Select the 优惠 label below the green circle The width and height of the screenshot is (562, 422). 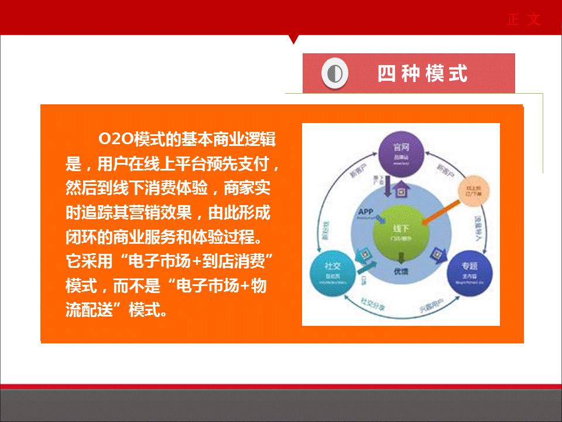pos(400,271)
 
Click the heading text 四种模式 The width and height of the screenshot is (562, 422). pos(422,74)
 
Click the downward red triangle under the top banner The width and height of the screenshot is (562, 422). pos(294,39)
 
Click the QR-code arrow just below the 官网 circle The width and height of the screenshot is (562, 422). pos(401,189)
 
